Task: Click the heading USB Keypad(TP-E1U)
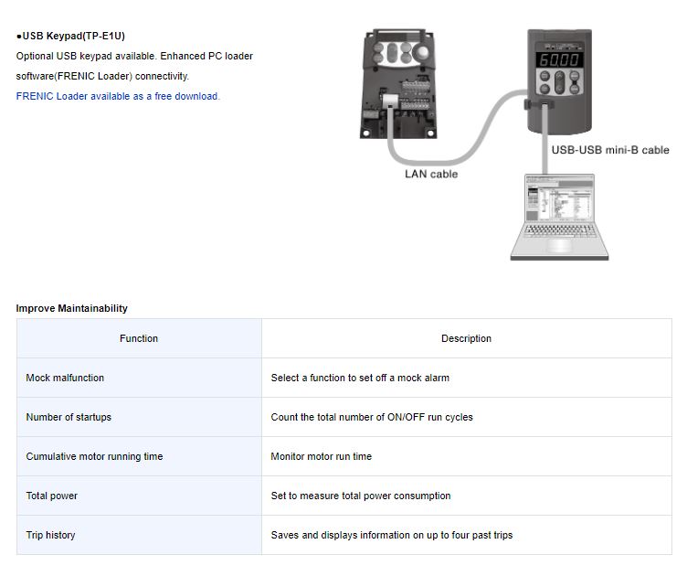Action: (70, 36)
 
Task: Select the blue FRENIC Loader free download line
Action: (118, 96)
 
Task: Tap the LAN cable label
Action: (431, 174)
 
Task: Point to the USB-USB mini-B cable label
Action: (610, 150)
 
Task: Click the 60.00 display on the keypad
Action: (559, 59)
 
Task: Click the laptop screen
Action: (559, 198)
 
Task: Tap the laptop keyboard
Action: (559, 230)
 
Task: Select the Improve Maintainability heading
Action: (72, 308)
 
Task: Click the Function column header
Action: (139, 338)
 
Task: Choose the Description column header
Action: (466, 338)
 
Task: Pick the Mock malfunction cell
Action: (139, 378)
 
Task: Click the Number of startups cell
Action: (139, 417)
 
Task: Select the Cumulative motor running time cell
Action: (139, 456)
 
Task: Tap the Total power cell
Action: (139, 496)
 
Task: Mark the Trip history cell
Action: (139, 535)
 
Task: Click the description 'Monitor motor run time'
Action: (322, 456)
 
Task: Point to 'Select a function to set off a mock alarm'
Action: (360, 378)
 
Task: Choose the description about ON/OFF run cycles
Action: (372, 417)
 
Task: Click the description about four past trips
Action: (392, 535)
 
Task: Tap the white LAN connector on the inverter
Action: (390, 101)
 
